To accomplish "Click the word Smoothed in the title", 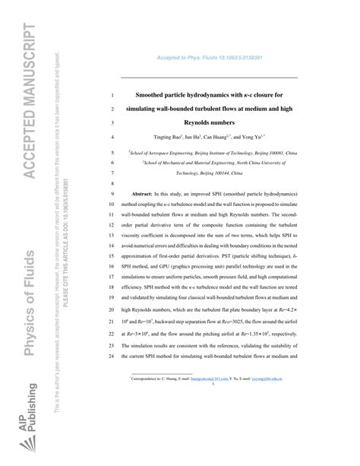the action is pos(151,96).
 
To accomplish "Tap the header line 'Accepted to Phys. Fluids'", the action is pos(208,59).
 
